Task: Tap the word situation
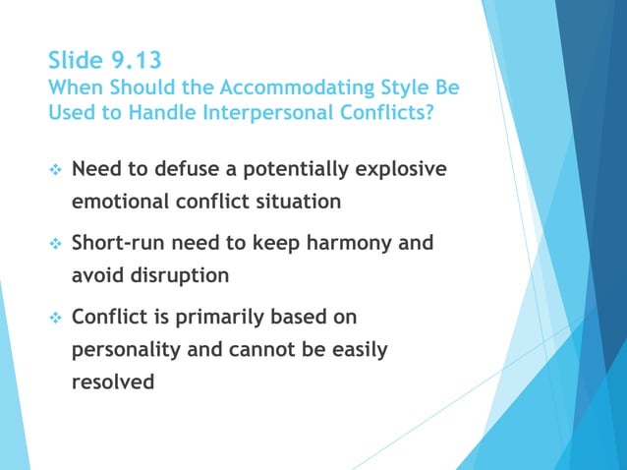coord(297,202)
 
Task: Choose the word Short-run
coord(120,242)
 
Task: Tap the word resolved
coord(113,382)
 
